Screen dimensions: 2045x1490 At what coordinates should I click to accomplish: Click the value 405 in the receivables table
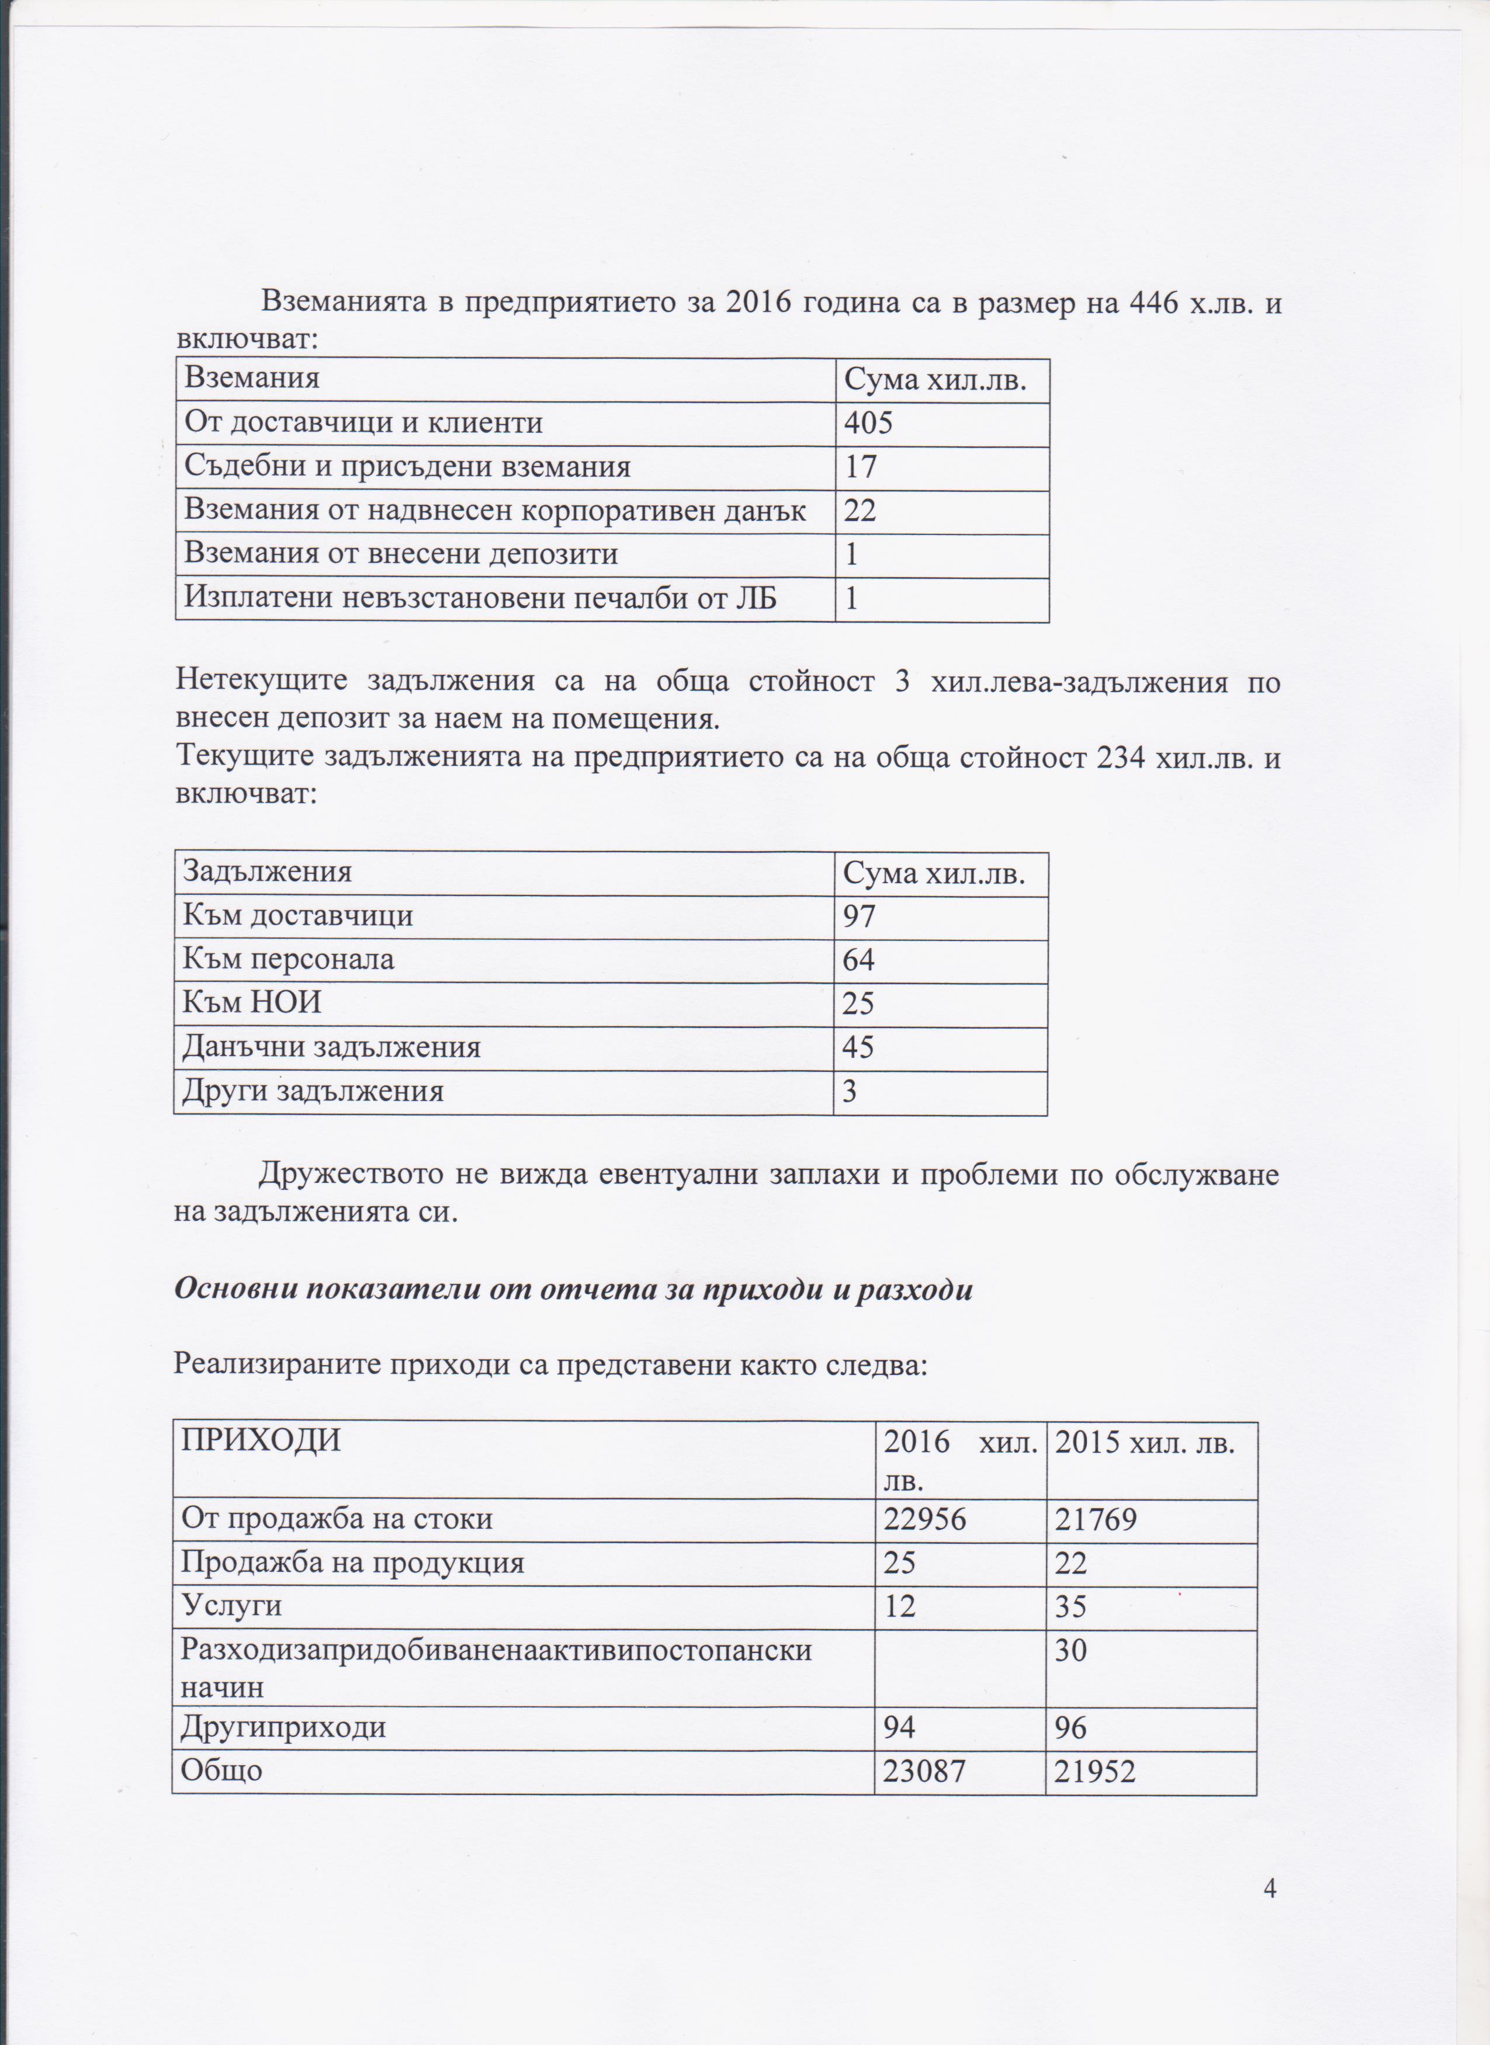pyautogui.click(x=868, y=423)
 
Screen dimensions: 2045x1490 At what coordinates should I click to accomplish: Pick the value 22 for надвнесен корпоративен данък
pyautogui.click(x=861, y=511)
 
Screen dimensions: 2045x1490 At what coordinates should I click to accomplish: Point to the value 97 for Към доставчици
pyautogui.click(x=858, y=916)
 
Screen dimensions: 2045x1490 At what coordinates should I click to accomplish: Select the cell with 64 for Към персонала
pyautogui.click(x=858, y=959)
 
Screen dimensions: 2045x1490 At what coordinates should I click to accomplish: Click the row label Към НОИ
pyautogui.click(x=252, y=1003)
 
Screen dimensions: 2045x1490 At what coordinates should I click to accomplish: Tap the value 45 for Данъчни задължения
pyautogui.click(x=858, y=1047)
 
